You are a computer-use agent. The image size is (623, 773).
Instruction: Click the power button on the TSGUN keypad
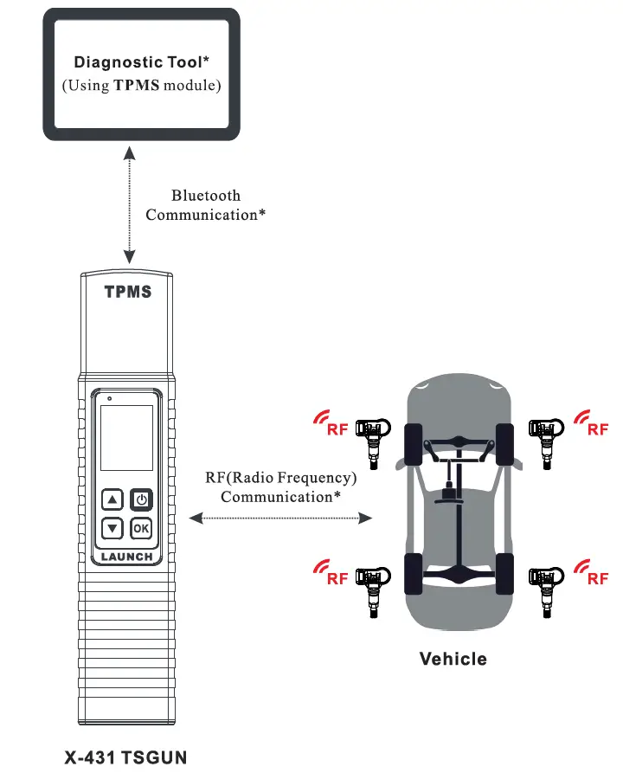(141, 499)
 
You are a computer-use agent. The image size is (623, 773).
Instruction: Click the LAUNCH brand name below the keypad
(126, 557)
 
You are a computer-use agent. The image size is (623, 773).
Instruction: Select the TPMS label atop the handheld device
(128, 292)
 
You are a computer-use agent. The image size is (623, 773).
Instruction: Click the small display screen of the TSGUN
(126, 437)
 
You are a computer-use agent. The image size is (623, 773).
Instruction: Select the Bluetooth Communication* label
(206, 205)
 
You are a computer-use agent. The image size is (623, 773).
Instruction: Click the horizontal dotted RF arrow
(280, 519)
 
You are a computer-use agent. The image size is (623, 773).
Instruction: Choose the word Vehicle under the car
(453, 659)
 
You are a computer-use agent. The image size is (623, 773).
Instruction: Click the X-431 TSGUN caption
(126, 757)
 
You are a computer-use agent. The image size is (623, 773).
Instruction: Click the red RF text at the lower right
(598, 579)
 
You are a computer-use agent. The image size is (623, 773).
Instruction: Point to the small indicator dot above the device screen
(110, 399)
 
